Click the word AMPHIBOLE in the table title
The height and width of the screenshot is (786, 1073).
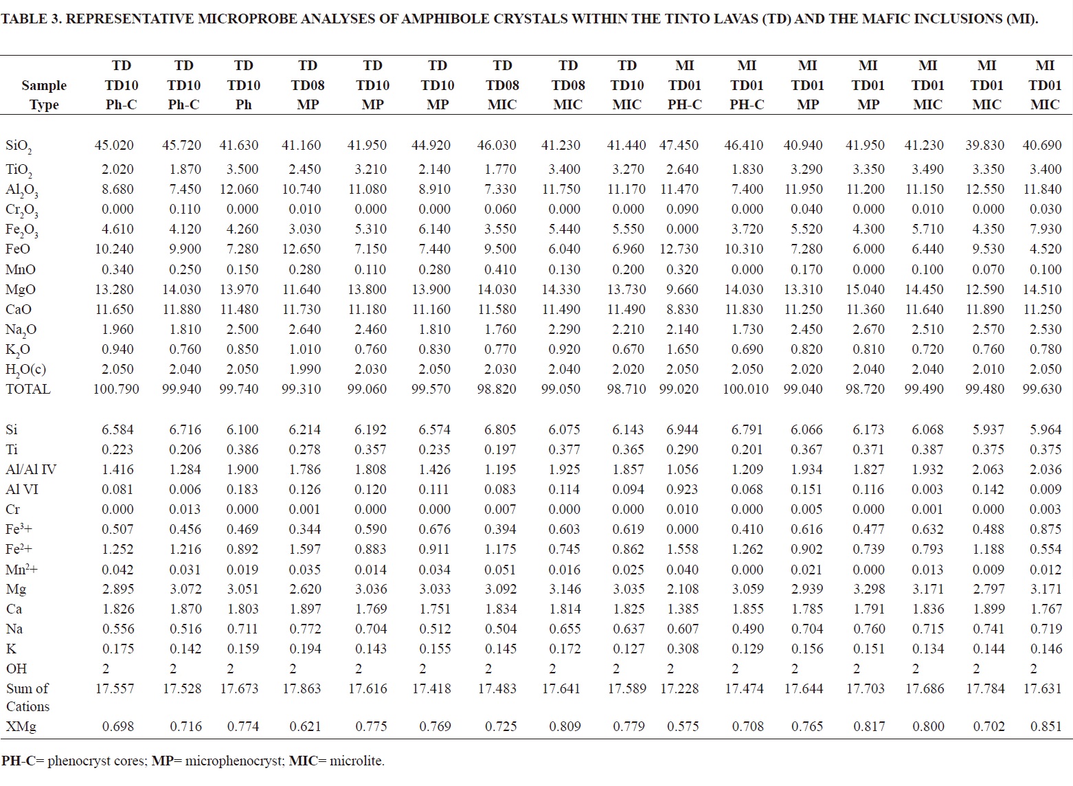pos(443,19)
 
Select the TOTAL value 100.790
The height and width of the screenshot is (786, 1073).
pos(116,390)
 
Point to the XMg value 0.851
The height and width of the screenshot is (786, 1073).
pos(1046,726)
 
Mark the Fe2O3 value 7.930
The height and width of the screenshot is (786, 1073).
pos(1046,229)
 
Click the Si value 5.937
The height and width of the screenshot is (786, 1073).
pos(986,429)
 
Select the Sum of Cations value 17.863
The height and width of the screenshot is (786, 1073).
pos(302,688)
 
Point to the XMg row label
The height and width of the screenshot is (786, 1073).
pos(21,726)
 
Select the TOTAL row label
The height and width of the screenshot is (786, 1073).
pos(28,390)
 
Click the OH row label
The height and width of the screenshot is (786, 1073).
pos(16,669)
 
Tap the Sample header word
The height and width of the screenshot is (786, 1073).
pos(44,86)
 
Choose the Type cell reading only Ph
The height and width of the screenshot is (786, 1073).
pos(243,105)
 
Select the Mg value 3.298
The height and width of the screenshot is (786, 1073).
pos(868,589)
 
